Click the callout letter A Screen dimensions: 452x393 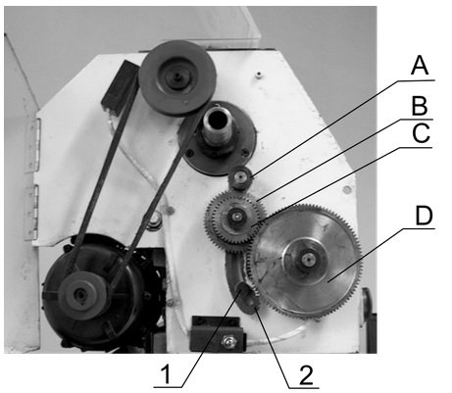420,66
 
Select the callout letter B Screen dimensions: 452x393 420,106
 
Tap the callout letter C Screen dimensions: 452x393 421,133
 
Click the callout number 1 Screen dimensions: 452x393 167,374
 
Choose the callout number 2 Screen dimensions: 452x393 306,375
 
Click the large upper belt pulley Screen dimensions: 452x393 177,77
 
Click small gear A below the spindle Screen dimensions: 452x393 240,177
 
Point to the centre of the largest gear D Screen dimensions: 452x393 307,260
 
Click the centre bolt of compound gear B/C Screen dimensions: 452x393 236,216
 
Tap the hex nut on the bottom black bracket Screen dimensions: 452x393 229,341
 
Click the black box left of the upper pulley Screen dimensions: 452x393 120,86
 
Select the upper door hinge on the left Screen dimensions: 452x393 32,145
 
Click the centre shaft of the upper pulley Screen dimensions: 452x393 176,75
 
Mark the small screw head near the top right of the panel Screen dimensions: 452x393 259,74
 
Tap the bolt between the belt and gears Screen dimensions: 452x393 154,221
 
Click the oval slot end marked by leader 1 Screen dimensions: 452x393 242,289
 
